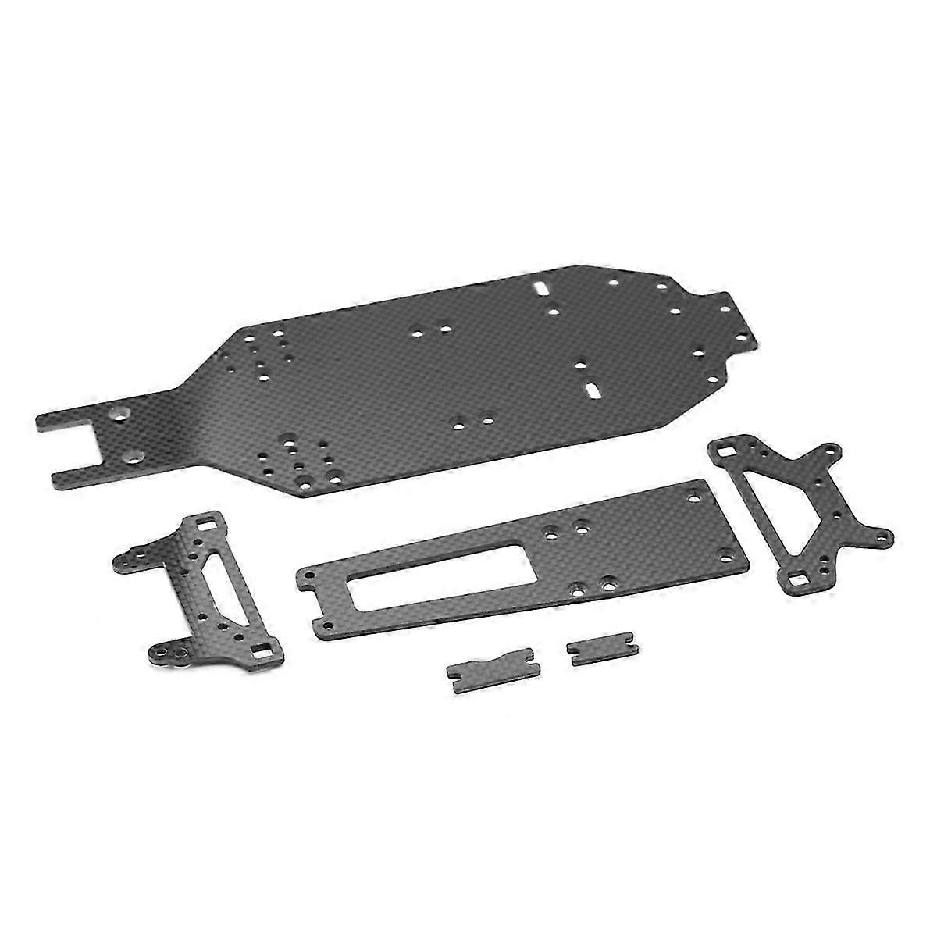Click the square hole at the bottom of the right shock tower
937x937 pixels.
[x=798, y=581]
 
